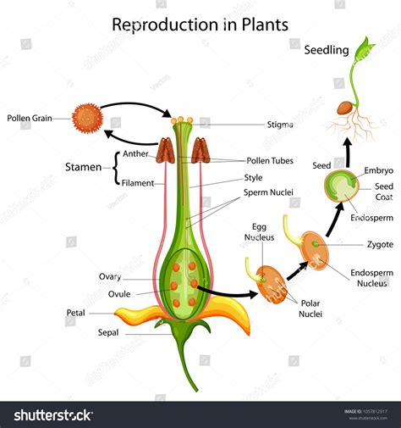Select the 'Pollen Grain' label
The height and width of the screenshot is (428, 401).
[x=30, y=120]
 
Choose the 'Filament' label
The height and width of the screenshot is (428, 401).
[x=138, y=181]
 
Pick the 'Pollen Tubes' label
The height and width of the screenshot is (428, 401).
[x=270, y=160]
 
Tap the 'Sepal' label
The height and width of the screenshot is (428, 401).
[x=107, y=333]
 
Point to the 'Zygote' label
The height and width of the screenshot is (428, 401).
[x=379, y=244]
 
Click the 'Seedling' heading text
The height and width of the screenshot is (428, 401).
[x=326, y=50]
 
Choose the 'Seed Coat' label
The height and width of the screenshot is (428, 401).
[x=384, y=192]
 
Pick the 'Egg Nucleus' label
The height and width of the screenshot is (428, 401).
[x=259, y=232]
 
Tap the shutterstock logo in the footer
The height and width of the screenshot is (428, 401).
[x=53, y=414]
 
